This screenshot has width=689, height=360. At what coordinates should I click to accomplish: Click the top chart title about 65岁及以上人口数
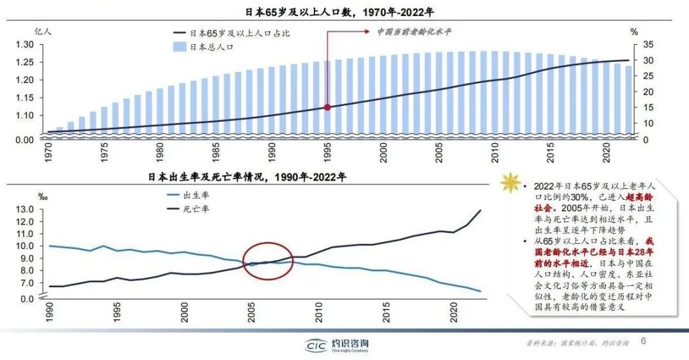[x=344, y=12]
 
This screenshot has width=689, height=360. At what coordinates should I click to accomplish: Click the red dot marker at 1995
[x=328, y=107]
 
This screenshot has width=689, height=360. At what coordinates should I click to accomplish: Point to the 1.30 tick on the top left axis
[x=24, y=44]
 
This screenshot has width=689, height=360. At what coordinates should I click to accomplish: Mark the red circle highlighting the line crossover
[x=268, y=261]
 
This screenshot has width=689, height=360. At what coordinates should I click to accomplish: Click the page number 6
[x=643, y=341]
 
